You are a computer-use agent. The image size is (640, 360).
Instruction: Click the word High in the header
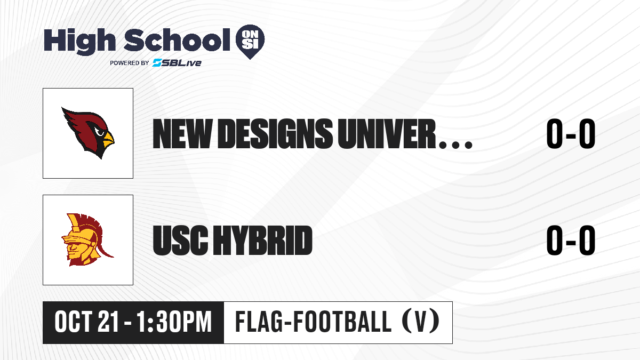coord(79,41)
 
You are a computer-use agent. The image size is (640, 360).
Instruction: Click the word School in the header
coord(177,40)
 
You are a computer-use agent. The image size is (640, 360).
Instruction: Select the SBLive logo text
coord(177,62)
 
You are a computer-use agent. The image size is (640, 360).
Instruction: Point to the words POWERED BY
coord(130,63)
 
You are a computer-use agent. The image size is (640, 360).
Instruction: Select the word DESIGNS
coord(276,134)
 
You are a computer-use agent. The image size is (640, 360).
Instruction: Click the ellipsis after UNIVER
coord(455,145)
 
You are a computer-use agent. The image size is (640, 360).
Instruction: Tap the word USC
coord(180,240)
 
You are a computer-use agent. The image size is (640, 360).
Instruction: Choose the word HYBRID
coord(263,240)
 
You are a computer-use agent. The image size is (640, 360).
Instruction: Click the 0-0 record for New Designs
coord(571,134)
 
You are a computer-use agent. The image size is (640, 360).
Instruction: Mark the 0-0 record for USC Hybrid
coord(571,240)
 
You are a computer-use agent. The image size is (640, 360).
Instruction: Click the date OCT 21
coord(86,322)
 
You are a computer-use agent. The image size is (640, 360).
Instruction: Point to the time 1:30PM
coord(174,322)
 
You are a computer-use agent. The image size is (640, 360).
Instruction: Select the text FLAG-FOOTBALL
coord(313,322)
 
